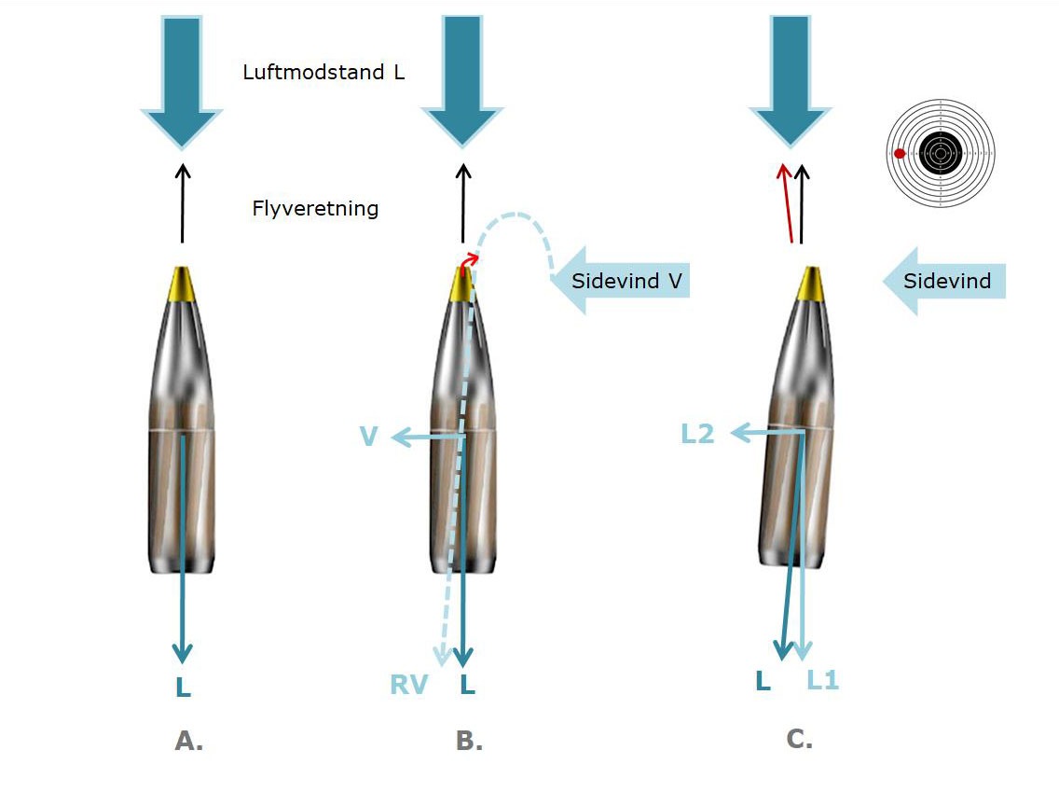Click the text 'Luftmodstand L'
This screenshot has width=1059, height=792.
point(323,73)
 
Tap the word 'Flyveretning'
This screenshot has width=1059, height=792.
point(315,207)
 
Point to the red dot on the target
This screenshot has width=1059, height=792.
point(900,153)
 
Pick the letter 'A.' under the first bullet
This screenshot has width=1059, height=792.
point(188,742)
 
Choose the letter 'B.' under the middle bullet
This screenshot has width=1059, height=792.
point(469,742)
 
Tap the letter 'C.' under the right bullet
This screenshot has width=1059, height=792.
point(799,740)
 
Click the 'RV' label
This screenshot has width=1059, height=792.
point(408,686)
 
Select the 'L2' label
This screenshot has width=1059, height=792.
point(696,434)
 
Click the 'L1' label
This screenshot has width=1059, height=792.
point(822,681)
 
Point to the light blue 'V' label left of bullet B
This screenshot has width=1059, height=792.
point(368,437)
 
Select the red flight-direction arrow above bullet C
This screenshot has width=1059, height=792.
point(788,201)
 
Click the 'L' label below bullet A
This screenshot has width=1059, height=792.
point(184,688)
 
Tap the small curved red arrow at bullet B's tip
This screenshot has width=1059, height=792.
point(471,259)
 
